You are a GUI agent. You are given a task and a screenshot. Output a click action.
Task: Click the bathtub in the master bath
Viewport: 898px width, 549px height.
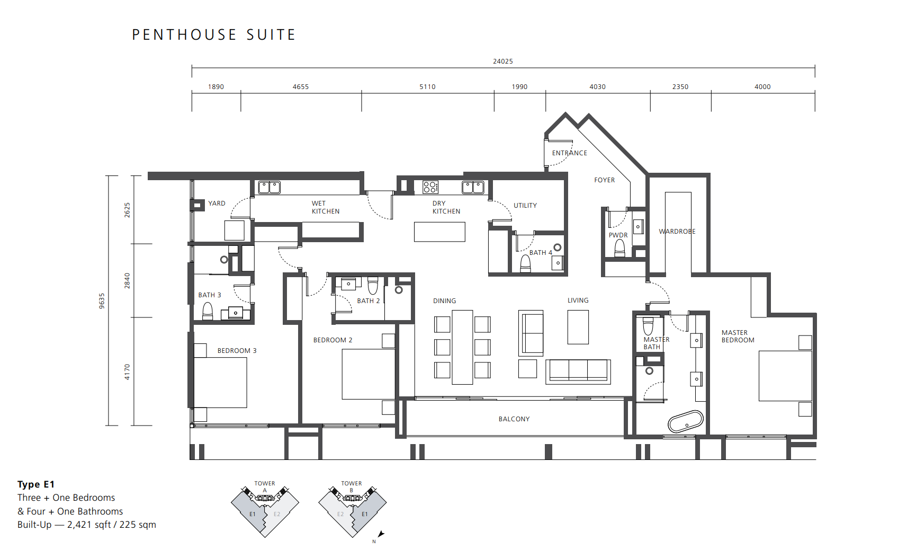[686, 421]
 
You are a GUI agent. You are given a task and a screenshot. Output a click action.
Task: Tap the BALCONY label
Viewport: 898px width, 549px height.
[514, 419]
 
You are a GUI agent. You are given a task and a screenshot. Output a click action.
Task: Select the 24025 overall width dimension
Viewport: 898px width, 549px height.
[502, 61]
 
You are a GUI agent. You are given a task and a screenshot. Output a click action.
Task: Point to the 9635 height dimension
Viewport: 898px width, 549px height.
[102, 300]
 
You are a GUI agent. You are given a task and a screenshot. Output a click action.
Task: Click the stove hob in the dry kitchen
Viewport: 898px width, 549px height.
[430, 187]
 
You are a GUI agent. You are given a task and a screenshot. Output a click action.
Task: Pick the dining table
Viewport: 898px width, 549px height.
[462, 347]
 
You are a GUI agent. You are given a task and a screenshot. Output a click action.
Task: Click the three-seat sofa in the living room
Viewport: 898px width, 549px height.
[578, 371]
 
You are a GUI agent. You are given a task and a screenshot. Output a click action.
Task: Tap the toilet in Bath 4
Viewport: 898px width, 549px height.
[525, 263]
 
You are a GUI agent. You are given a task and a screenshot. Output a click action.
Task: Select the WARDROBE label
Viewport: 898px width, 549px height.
[677, 232]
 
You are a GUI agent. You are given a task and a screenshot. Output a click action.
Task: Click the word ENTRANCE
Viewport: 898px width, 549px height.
[569, 153]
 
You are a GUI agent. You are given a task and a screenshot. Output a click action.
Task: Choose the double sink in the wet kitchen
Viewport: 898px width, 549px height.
[269, 188]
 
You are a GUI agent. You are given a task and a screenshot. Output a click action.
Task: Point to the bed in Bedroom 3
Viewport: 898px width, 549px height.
[220, 383]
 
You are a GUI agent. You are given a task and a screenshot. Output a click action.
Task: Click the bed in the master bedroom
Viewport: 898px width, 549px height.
[785, 376]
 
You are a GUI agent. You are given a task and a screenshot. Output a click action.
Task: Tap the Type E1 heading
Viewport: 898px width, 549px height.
[36, 484]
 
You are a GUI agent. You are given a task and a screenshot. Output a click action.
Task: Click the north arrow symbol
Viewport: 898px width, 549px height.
[381, 534]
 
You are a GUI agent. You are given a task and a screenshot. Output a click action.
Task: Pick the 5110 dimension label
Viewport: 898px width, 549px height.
[427, 87]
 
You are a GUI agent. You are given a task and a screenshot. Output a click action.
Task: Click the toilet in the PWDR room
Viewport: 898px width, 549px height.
[620, 249]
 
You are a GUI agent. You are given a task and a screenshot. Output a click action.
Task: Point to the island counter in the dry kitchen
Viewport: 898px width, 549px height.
[439, 232]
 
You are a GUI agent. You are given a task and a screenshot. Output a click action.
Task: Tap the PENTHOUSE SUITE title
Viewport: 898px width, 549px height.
[214, 35]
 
